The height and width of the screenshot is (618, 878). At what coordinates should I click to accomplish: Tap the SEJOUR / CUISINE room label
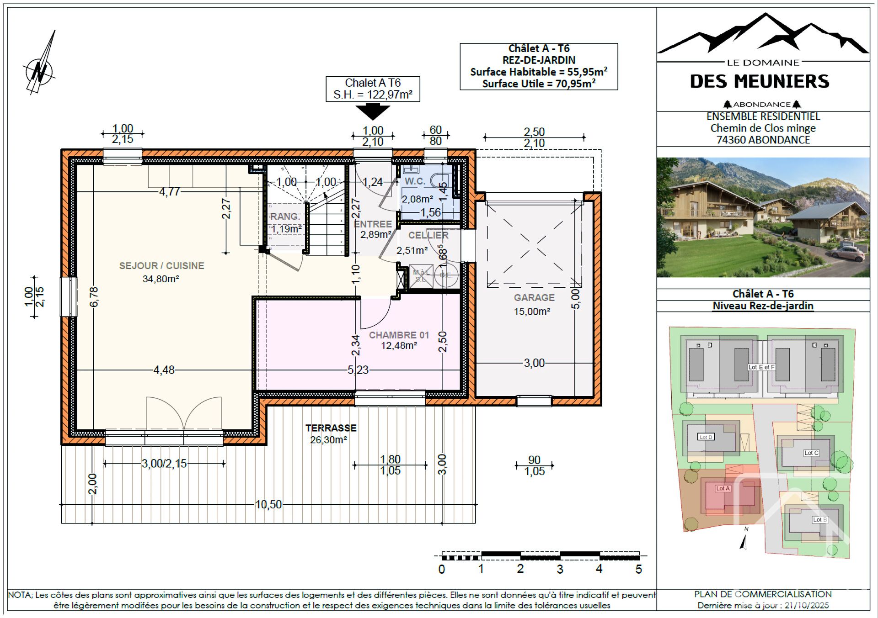[x=161, y=266]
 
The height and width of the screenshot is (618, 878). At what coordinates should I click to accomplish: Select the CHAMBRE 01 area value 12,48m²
[x=399, y=346]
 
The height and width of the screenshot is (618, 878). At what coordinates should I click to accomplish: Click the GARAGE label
[x=534, y=298]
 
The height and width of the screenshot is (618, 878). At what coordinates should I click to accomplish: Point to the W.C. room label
[x=415, y=181]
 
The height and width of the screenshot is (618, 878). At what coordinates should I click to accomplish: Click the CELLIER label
[x=428, y=235]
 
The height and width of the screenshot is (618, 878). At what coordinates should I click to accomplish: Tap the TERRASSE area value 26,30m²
[x=328, y=440]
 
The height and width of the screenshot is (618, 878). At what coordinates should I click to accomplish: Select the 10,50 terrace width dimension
[x=268, y=505]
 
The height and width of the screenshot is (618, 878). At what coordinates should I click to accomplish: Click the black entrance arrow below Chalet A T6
[x=373, y=111]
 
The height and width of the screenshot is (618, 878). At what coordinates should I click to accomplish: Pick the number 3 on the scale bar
[x=560, y=569]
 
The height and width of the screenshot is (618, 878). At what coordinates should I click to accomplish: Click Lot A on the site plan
[x=723, y=488]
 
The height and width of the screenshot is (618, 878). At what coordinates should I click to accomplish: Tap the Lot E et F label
[x=761, y=367]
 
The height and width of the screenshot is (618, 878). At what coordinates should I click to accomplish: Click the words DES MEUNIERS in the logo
[x=759, y=82]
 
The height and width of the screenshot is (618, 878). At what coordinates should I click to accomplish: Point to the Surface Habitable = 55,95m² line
[x=538, y=72]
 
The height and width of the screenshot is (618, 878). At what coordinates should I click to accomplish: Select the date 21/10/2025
[x=807, y=606]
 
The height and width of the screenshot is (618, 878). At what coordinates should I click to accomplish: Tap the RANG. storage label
[x=285, y=217]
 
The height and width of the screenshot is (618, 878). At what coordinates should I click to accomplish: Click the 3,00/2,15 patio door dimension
[x=164, y=464]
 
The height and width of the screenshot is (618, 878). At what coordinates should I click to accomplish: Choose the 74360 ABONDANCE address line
[x=763, y=140]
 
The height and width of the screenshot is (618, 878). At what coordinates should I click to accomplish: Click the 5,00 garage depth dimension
[x=576, y=299]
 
